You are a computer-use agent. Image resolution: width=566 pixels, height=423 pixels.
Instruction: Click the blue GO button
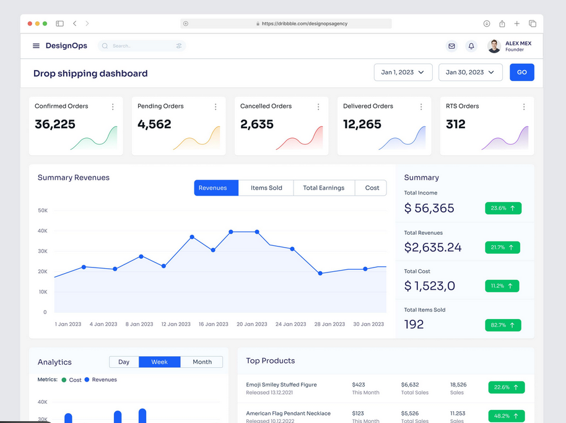(521, 72)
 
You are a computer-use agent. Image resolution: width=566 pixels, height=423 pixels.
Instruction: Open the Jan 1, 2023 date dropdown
(403, 72)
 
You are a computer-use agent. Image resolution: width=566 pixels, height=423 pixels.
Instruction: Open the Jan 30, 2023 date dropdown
(470, 72)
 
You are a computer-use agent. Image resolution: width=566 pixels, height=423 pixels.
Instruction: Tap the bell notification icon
(471, 46)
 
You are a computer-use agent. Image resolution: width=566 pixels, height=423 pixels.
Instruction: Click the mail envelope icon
(451, 46)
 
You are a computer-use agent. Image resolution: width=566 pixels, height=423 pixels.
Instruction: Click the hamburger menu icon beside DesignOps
(36, 46)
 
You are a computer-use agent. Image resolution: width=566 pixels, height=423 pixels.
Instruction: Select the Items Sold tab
(266, 188)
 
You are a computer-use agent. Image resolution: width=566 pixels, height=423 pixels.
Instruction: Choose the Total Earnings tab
(323, 188)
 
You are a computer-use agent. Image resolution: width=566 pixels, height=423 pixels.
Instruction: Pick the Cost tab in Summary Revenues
(372, 188)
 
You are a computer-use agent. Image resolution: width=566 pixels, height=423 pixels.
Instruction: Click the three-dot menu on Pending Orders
(216, 107)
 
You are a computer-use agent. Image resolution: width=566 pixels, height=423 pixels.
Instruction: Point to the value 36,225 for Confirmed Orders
(55, 124)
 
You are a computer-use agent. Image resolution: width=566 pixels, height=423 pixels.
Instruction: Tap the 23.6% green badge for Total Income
(502, 208)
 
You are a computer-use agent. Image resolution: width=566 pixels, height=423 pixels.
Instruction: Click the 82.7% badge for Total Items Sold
(503, 325)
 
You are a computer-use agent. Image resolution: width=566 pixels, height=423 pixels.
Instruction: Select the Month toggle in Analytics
(202, 362)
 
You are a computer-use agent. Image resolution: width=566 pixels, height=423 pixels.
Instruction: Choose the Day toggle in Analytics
(124, 362)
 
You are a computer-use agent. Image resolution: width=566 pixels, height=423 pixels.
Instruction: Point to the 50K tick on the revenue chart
(43, 211)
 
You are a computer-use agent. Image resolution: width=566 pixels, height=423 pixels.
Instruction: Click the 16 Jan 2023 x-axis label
(214, 324)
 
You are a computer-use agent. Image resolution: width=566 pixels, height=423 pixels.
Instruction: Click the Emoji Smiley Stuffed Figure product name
(281, 385)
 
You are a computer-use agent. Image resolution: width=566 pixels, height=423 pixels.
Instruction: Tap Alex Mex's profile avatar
(494, 46)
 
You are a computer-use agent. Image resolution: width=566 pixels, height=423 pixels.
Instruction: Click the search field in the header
(142, 46)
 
